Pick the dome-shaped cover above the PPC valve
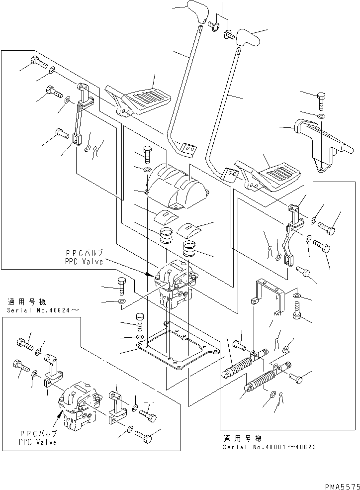pos(177,187)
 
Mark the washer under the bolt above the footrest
pos(321,116)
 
